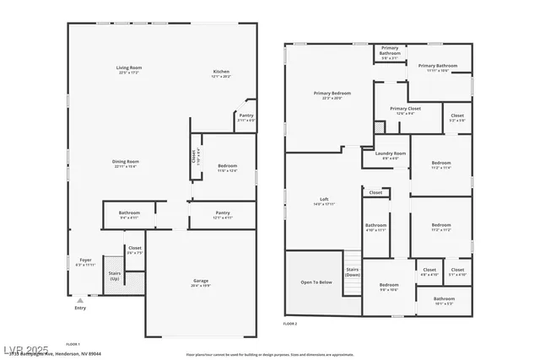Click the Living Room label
[x=129, y=67]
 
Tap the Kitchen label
[x=221, y=72]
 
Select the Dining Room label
[x=125, y=162]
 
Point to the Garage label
[x=201, y=281]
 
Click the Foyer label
[x=85, y=260]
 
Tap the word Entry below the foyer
[x=80, y=308]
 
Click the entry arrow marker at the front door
[x=80, y=298]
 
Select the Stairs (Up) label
[x=115, y=276]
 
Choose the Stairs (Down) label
[x=353, y=271]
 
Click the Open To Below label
[x=316, y=282]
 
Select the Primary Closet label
[x=405, y=109]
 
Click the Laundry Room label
[x=385, y=153]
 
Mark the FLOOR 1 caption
[x=73, y=344]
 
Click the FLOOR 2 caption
[x=290, y=324]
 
